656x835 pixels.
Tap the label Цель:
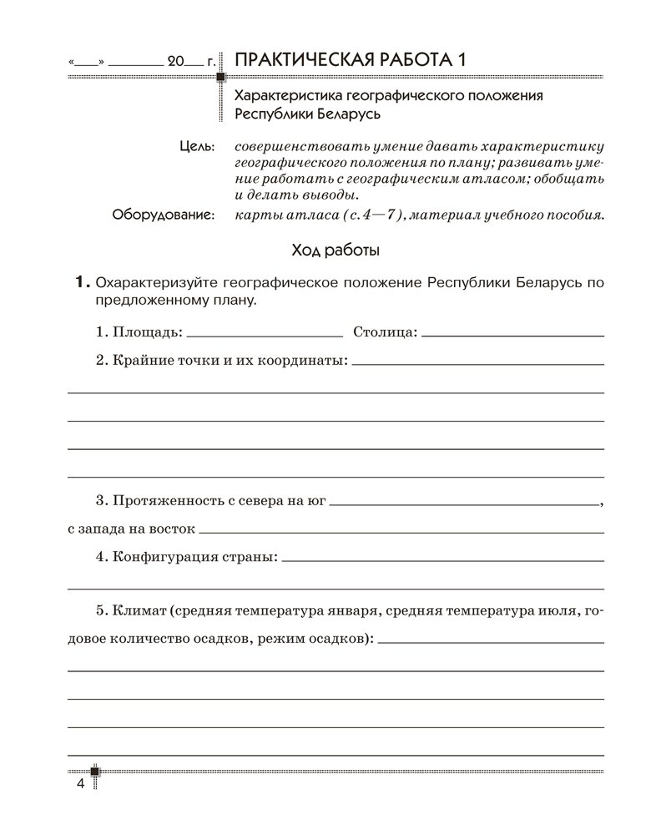coord(197,145)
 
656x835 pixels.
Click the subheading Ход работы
coord(336,250)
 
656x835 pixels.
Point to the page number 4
coord(80,784)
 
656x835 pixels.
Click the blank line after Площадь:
coord(265,334)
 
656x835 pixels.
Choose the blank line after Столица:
coord(513,334)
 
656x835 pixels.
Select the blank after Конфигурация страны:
coord(443,557)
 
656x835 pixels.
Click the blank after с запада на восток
coord(401,531)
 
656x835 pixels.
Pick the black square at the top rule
coord(221,78)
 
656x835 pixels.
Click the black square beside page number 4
coord(96,771)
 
